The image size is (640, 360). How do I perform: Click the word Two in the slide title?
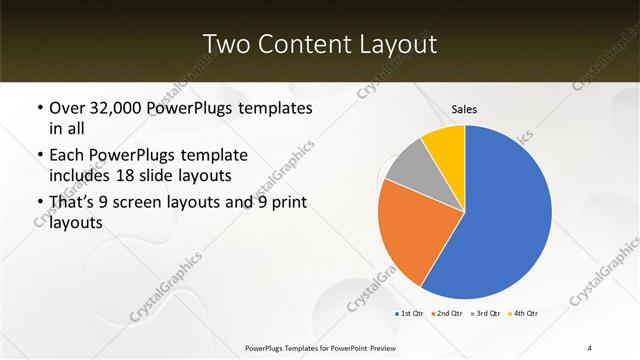225,44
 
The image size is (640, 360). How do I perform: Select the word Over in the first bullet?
68,107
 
